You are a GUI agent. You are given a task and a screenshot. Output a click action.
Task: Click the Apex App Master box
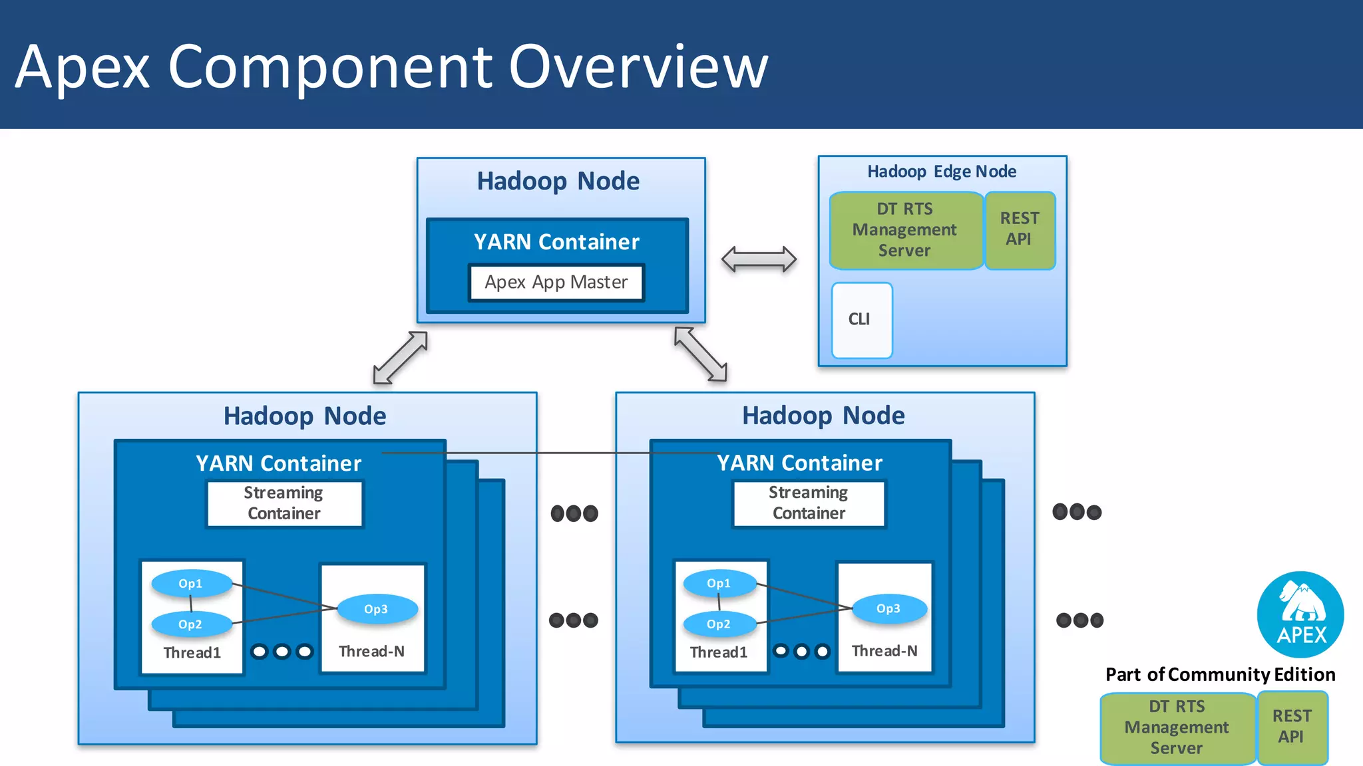click(556, 283)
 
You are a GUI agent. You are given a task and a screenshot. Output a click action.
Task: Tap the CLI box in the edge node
click(861, 320)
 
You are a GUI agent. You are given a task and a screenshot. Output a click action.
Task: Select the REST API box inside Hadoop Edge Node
click(1019, 229)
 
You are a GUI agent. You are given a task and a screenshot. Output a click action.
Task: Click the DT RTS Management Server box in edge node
click(905, 230)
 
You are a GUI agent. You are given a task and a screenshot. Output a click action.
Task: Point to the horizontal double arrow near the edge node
click(759, 259)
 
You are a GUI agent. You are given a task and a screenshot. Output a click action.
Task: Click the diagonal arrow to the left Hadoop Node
click(400, 358)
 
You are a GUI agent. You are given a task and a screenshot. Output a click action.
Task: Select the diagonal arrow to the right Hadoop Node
click(700, 354)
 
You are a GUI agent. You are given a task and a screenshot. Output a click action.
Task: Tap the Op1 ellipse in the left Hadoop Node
click(191, 584)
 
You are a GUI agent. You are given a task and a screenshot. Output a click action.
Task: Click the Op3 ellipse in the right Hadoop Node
click(888, 608)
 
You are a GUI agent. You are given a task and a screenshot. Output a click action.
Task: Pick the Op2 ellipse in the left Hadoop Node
click(191, 624)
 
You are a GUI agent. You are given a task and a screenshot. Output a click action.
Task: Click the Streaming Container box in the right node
click(809, 503)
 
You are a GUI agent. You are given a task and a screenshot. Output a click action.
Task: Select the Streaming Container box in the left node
click(284, 503)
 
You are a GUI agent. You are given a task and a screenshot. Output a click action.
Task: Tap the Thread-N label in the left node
click(371, 652)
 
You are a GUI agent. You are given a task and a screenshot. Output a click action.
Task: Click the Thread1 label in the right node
click(718, 652)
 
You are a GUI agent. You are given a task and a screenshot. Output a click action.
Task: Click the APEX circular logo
click(1300, 614)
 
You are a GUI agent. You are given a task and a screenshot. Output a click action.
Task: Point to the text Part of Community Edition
click(1220, 675)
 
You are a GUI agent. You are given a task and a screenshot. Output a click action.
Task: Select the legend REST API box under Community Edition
click(1292, 727)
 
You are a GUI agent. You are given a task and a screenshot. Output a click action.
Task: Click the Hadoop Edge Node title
click(941, 172)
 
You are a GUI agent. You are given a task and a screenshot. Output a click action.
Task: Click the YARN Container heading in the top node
click(556, 242)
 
